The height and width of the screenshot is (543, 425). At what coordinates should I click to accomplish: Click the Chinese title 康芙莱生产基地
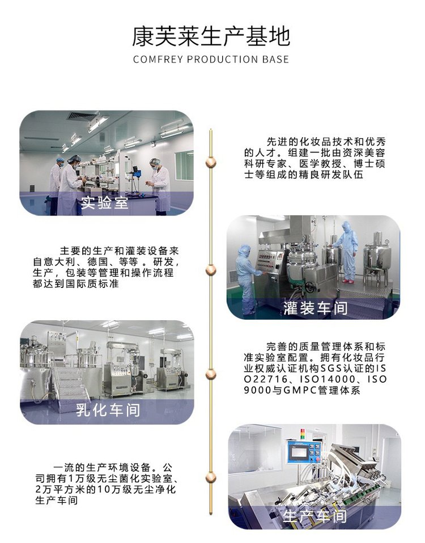pyautogui.click(x=211, y=36)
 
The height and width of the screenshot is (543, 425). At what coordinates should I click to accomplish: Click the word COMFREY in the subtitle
pyautogui.click(x=158, y=59)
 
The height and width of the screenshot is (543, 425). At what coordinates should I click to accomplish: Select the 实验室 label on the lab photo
pyautogui.click(x=104, y=202)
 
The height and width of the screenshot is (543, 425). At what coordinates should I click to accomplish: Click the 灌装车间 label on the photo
pyautogui.click(x=315, y=308)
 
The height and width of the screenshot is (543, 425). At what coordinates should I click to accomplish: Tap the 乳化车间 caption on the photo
pyautogui.click(x=108, y=410)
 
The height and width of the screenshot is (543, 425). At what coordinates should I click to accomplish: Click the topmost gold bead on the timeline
pyautogui.click(x=210, y=162)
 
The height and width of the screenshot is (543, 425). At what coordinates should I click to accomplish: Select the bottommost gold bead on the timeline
pyautogui.click(x=210, y=478)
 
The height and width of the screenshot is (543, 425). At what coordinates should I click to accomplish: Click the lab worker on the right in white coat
pyautogui.click(x=160, y=185)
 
